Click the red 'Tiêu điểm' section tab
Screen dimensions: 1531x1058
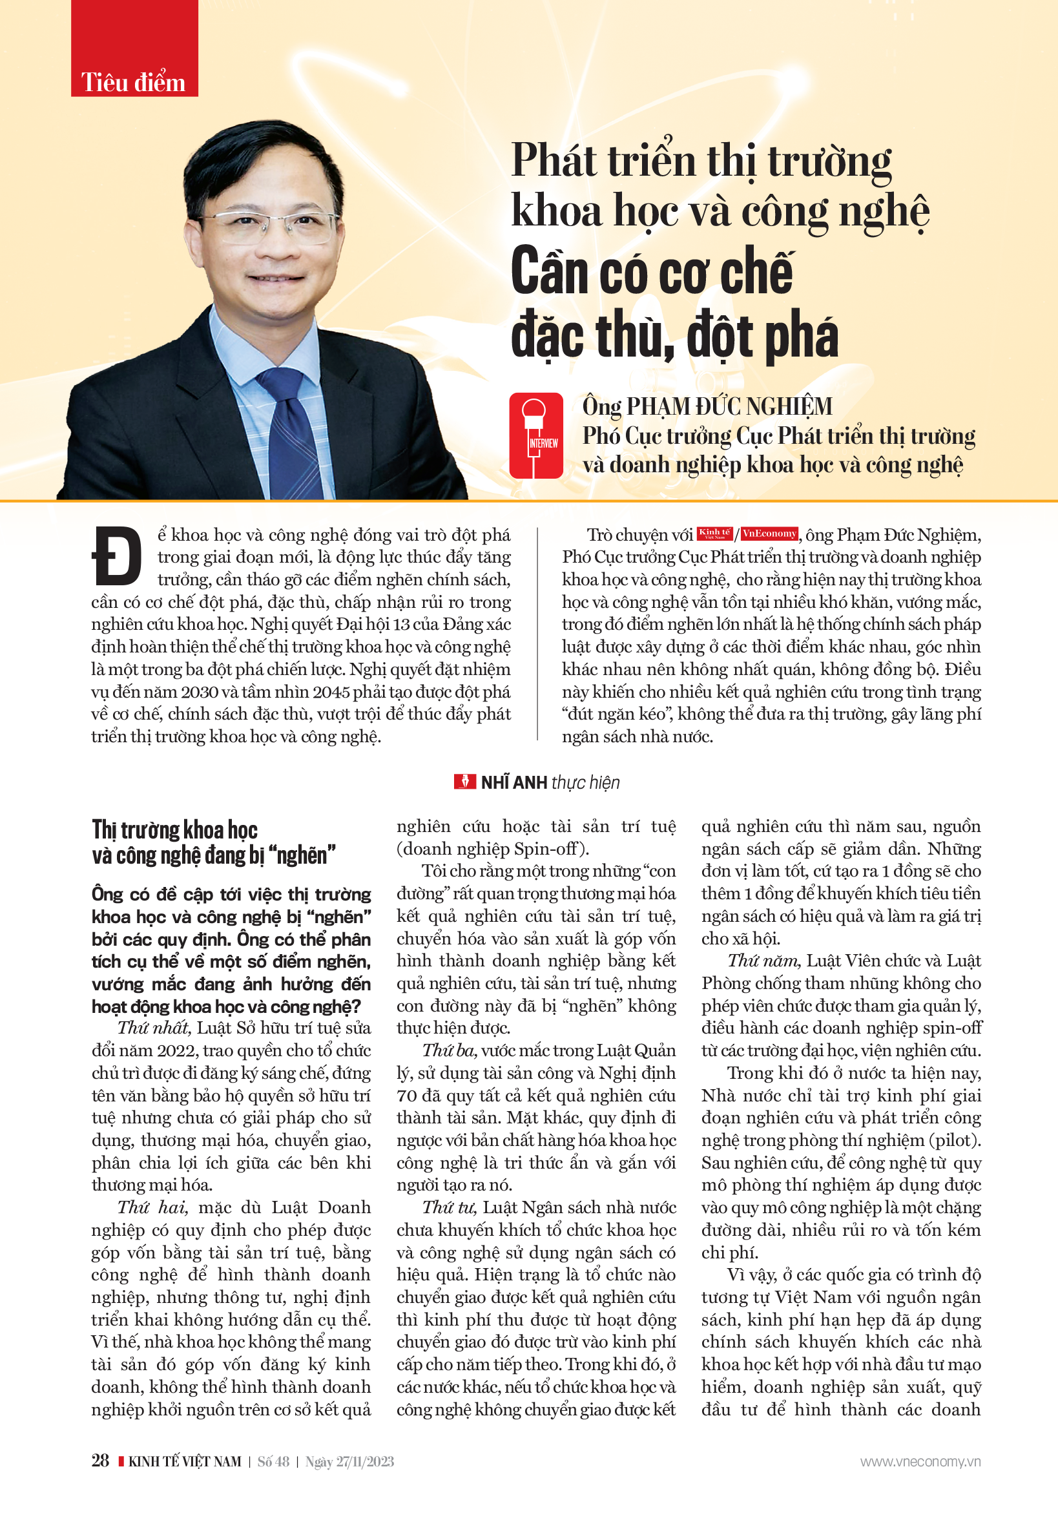coord(134,82)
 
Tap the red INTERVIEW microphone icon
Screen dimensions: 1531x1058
coord(535,435)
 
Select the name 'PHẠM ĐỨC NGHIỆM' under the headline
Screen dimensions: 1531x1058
coord(729,406)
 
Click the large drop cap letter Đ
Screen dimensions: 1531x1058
coord(117,556)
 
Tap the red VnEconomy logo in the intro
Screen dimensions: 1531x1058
coord(769,534)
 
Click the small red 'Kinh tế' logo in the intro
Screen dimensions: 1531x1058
coord(714,534)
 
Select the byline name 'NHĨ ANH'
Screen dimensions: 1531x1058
coord(513,783)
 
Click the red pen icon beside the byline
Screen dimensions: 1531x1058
coord(464,782)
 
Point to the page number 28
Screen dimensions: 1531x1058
coord(100,1461)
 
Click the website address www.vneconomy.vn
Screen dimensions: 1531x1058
coord(920,1462)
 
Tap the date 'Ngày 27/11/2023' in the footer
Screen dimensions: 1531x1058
coord(349,1462)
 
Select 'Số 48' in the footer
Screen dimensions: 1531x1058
coord(273,1462)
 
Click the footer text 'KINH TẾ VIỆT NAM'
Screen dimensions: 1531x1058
coord(184,1462)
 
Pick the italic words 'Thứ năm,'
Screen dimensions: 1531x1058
coord(764,961)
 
